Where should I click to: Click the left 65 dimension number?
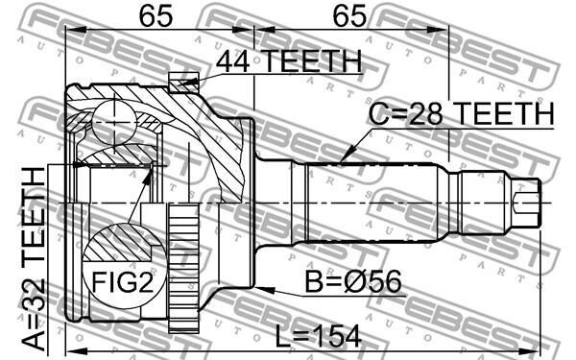coord(156,15)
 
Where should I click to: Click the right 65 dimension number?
coord(349,15)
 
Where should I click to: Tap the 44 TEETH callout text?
coord(289,61)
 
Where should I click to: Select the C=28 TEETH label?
coord(462,114)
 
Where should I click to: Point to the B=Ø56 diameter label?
coord(353,282)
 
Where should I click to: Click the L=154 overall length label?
coord(318,337)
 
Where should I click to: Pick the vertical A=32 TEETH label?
coord(34,258)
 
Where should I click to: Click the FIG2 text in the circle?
coord(122,281)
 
